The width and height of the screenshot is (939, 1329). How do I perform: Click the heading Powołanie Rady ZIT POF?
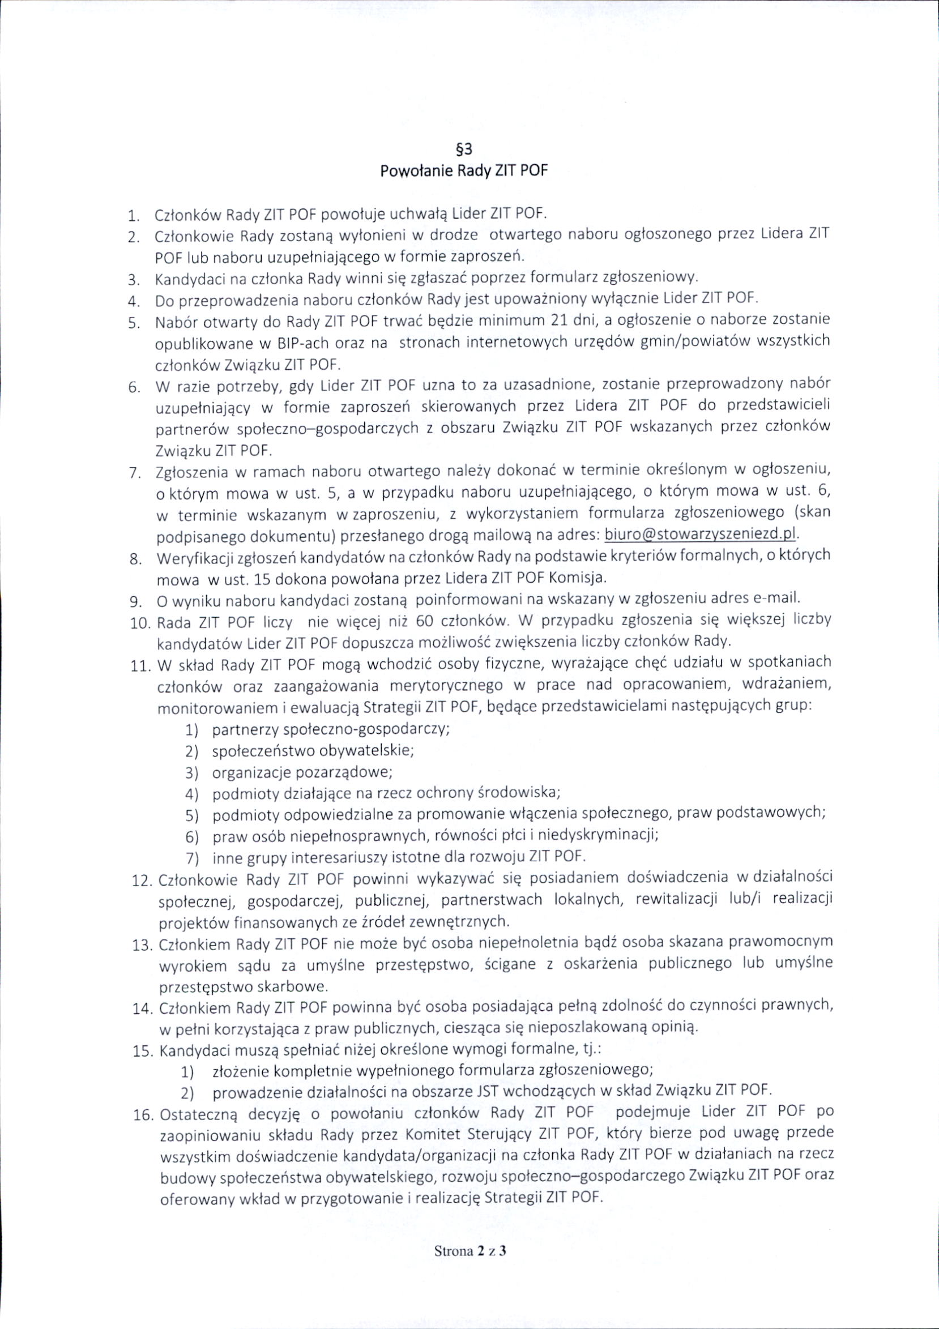(x=464, y=172)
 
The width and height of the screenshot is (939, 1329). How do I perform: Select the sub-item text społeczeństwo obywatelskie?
(x=313, y=751)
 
